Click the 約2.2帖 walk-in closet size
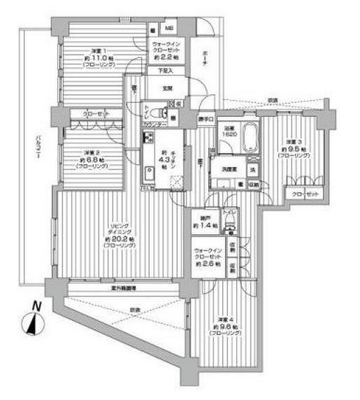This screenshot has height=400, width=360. coord(168,58)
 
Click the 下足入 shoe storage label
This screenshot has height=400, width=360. coord(165,71)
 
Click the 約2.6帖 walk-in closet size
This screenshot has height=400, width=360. coord(208,266)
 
